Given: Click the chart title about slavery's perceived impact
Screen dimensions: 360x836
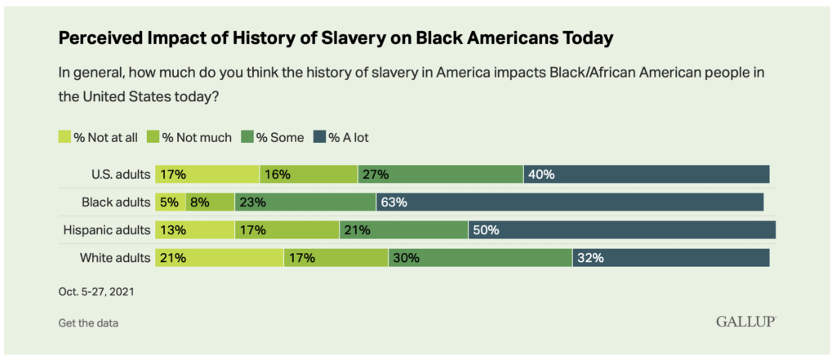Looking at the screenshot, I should point(335,38).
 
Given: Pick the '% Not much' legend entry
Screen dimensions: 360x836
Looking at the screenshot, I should point(190,137).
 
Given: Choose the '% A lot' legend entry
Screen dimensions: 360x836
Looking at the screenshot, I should point(342,137).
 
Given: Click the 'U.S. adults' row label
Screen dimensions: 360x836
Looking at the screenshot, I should point(121,174).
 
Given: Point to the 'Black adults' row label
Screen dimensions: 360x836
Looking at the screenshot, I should point(116,202).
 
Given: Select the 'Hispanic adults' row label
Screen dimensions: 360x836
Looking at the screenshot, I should point(107,230).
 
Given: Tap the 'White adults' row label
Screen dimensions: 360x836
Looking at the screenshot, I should point(115,258).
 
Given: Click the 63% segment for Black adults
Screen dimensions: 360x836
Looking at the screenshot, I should point(570,202).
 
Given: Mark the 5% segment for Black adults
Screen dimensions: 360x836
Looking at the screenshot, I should point(170,202).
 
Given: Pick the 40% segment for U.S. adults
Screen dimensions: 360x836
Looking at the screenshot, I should point(646,174).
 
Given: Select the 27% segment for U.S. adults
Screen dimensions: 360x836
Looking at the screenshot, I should point(440,174).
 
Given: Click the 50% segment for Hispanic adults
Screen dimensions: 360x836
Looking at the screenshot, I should point(621,230).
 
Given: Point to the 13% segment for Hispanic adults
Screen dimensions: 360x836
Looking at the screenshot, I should point(194,230).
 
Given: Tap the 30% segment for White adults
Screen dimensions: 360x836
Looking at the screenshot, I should point(479,258).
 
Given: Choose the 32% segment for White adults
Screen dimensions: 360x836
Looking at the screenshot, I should point(670,258).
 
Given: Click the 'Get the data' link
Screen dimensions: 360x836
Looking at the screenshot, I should point(88,322).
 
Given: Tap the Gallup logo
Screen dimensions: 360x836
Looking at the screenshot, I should point(745,322).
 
